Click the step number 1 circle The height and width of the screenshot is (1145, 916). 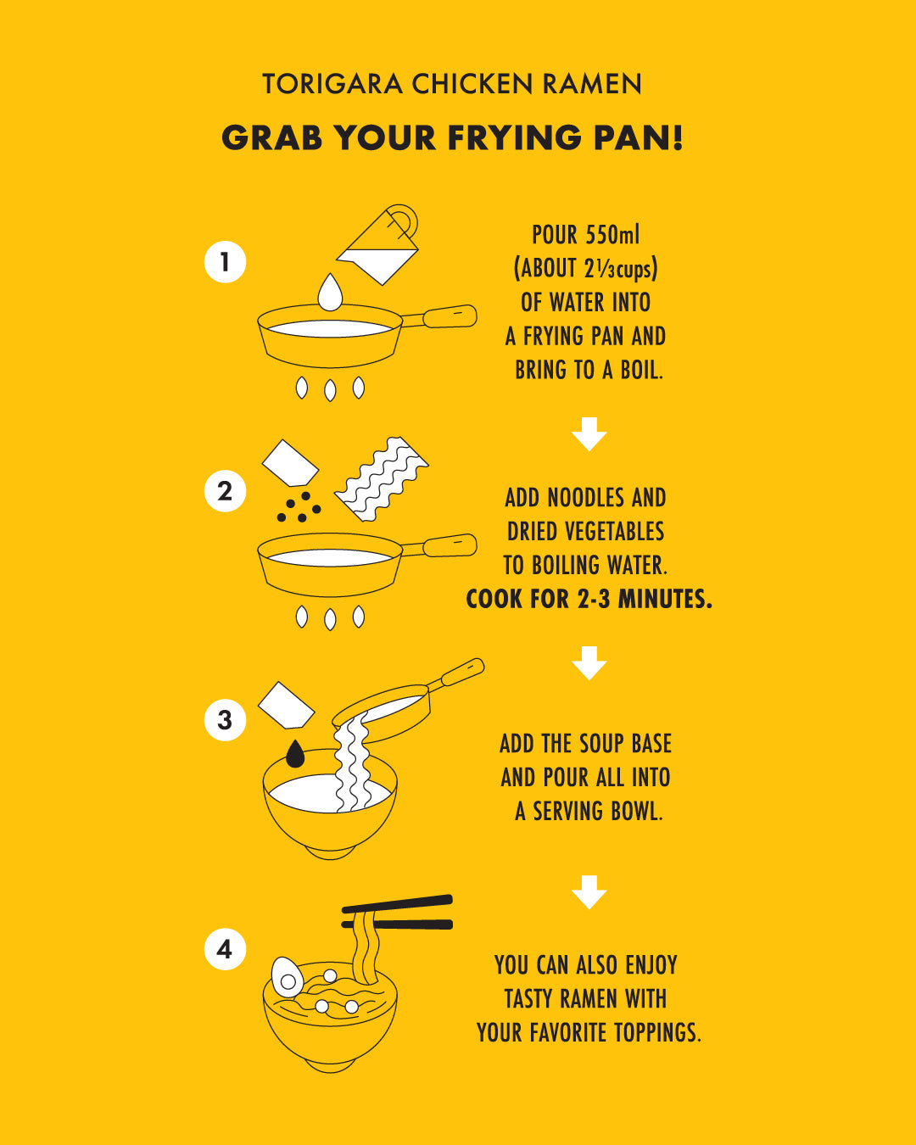tap(225, 262)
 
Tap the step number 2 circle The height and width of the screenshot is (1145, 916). tap(225, 490)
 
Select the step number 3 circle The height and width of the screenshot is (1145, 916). tap(225, 720)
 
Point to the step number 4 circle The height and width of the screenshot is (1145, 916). tap(225, 949)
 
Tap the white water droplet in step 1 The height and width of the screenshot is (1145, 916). tap(330, 293)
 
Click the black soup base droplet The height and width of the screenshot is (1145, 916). tap(295, 753)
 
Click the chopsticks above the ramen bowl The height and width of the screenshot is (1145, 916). tap(397, 913)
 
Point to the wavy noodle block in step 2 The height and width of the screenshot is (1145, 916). tap(381, 479)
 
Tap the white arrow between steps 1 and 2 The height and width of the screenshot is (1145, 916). tap(589, 434)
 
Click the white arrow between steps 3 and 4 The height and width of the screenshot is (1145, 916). tap(589, 892)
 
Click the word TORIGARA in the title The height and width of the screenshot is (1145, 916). tap(332, 84)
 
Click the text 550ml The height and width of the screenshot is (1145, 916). tap(612, 235)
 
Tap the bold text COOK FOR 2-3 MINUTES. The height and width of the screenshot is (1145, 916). tap(589, 599)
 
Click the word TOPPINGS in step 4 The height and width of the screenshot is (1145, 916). tap(658, 1033)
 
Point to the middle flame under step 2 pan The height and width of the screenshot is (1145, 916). tap(330, 619)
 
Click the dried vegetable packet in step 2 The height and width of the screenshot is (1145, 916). tap(290, 462)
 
